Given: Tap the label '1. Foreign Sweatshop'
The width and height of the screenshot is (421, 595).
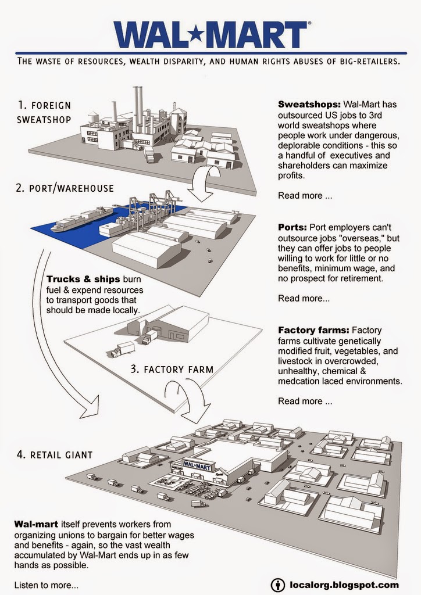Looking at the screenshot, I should pos(44,112).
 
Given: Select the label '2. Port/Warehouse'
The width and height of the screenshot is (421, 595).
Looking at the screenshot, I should pos(66,188).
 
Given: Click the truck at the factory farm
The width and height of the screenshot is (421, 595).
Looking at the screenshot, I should pos(123,349).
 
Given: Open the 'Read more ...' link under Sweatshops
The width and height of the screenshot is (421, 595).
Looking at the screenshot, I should pos(305,196).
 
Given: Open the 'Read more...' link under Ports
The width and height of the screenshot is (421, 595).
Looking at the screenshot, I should pos(304,298).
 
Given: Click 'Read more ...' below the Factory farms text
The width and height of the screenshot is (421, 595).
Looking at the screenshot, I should pos(305,401).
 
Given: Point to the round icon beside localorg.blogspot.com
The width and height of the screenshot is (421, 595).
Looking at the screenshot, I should pos(278,584).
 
